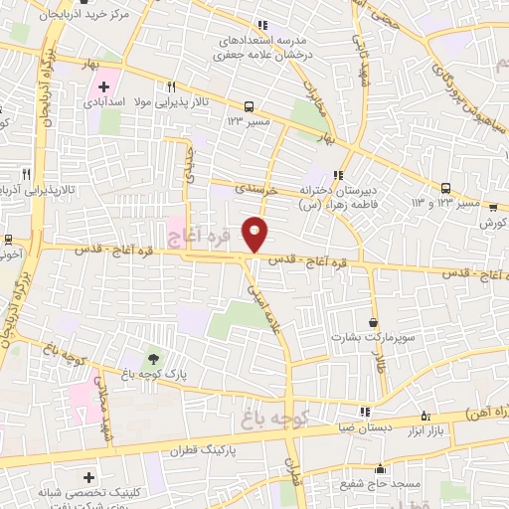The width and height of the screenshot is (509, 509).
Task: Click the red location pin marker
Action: click(255, 233)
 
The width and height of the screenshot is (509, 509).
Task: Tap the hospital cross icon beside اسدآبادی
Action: click(103, 86)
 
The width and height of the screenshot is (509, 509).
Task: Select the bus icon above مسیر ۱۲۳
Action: click(251, 105)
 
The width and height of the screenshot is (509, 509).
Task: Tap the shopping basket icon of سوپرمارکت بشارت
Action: click(373, 323)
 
